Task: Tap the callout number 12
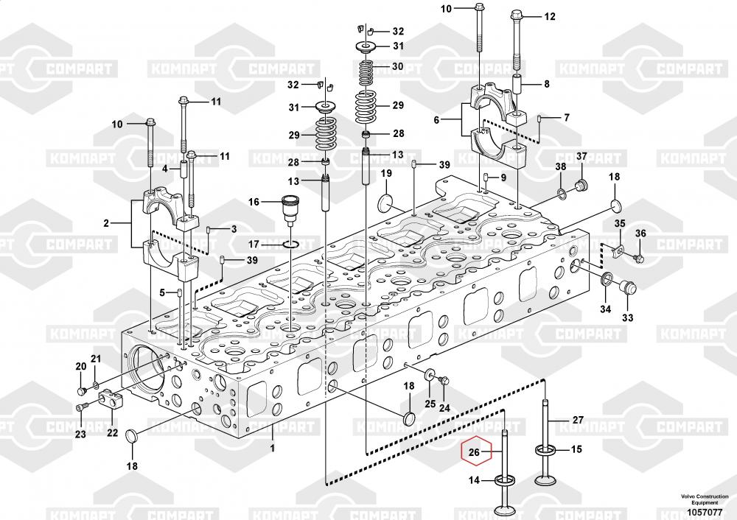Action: (x=550, y=16)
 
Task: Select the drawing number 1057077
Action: (x=705, y=512)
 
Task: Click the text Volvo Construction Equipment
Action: (x=705, y=499)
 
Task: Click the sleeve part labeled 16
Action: (x=290, y=208)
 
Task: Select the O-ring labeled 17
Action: (x=291, y=245)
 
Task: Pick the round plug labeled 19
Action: (x=386, y=203)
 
